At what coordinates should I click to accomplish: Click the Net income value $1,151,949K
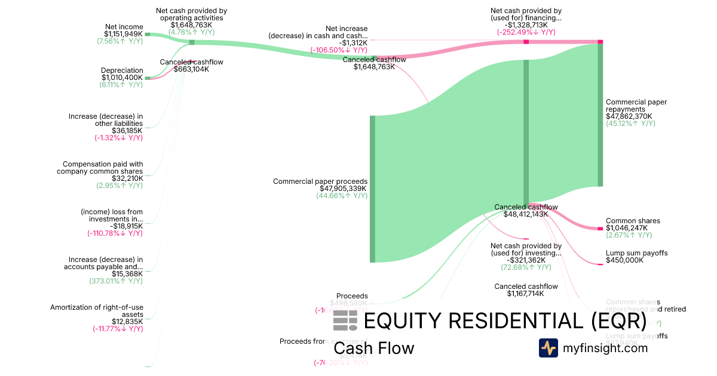(x=122, y=34)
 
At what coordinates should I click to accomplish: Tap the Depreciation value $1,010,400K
(x=122, y=78)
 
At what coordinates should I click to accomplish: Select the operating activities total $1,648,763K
(x=191, y=25)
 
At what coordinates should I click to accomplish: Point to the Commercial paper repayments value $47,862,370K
(x=629, y=116)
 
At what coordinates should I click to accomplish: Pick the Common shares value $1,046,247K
(x=624, y=228)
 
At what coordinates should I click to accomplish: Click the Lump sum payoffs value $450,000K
(x=624, y=260)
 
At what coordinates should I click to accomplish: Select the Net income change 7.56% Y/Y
(x=119, y=42)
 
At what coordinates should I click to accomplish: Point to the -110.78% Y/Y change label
(x=115, y=233)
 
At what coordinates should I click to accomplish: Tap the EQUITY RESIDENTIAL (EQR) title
(x=505, y=321)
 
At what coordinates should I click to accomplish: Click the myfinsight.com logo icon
(x=548, y=348)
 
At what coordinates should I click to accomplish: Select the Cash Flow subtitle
(x=373, y=348)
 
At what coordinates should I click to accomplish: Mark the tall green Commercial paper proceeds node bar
(x=372, y=189)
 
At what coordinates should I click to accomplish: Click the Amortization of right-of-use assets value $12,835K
(x=127, y=321)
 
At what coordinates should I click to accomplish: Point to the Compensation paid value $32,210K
(x=127, y=178)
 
